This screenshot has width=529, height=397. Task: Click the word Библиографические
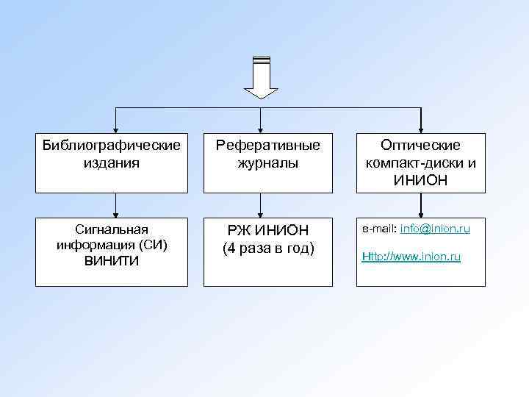[112, 146]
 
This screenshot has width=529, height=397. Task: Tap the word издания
[112, 162]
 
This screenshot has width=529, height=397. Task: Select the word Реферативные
[267, 146]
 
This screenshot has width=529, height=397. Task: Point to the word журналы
[267, 162]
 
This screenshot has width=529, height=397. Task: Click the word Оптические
[420, 146]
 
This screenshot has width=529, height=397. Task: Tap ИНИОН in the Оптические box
[420, 179]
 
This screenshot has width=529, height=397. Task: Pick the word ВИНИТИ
[112, 260]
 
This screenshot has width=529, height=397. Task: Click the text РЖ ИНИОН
[267, 232]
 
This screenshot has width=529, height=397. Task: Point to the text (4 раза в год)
[267, 249]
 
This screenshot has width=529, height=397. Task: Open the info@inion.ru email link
[436, 229]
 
